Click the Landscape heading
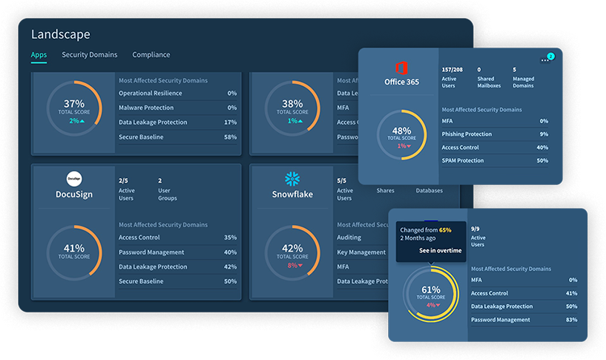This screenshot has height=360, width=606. (60, 34)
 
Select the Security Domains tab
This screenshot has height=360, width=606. (89, 55)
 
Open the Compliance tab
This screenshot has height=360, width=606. (151, 55)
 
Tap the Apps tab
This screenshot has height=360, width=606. (39, 55)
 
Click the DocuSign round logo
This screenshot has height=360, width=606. (74, 179)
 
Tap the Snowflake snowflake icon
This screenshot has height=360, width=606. (292, 179)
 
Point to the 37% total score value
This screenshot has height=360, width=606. (74, 104)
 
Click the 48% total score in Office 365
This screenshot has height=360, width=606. (401, 131)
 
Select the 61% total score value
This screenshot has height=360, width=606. (431, 289)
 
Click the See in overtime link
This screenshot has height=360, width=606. (441, 251)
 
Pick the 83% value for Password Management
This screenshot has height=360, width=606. (571, 320)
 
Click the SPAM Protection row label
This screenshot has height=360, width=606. (463, 160)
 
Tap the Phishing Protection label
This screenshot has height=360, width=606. (467, 134)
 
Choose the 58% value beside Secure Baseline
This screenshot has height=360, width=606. (230, 137)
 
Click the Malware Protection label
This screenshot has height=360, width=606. (146, 108)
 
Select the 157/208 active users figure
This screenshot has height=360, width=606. (452, 69)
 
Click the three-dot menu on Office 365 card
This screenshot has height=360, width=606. (545, 61)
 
